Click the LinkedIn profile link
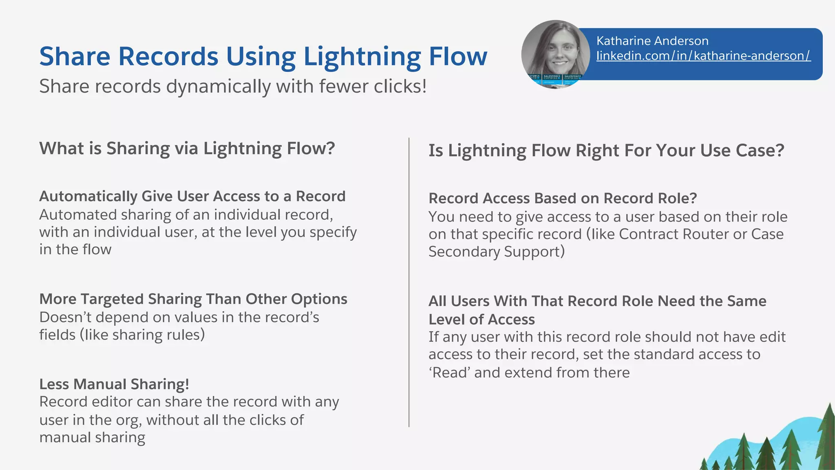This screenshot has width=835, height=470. click(x=703, y=55)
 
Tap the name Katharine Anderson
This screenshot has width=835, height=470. click(x=652, y=41)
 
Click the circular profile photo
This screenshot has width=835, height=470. click(x=555, y=54)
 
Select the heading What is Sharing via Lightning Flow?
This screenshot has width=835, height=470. click(x=187, y=148)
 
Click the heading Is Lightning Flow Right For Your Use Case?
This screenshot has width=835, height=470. click(x=606, y=150)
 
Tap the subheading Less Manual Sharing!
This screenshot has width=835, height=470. click(x=114, y=384)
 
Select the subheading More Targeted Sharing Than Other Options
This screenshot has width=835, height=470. click(x=193, y=299)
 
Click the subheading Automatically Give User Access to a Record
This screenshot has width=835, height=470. click(x=192, y=196)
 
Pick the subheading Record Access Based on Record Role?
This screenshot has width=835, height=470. click(x=562, y=198)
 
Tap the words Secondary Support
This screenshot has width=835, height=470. click(x=496, y=252)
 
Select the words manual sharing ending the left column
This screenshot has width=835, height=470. click(x=92, y=437)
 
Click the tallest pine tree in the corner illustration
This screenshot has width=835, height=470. click(x=828, y=437)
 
